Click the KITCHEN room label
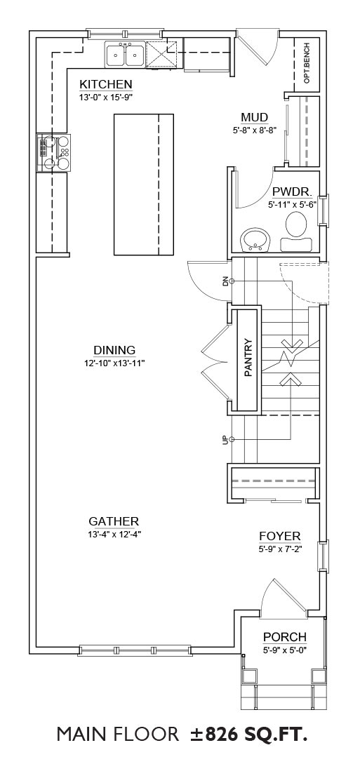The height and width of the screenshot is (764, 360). pyautogui.click(x=106, y=83)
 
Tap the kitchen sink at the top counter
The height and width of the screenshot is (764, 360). pyautogui.click(x=125, y=54)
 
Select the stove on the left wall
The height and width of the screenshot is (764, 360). pyautogui.click(x=54, y=153)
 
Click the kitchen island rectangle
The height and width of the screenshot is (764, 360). pyautogui.click(x=144, y=185)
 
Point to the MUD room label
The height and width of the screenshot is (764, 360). pyautogui.click(x=254, y=117)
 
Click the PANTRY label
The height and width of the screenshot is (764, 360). pyautogui.click(x=248, y=358)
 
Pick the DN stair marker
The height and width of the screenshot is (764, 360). pyautogui.click(x=225, y=281)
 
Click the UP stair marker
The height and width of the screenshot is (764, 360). pyautogui.click(x=225, y=439)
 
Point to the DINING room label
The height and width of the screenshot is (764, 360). pyautogui.click(x=114, y=350)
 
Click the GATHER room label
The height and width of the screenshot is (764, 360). pyautogui.click(x=114, y=521)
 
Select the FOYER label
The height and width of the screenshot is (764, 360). pyautogui.click(x=279, y=536)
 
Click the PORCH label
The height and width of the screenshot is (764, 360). pyautogui.click(x=285, y=637)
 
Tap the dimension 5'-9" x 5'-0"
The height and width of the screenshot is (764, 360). pyautogui.click(x=285, y=650)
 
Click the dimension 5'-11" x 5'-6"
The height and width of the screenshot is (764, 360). pyautogui.click(x=293, y=205)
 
